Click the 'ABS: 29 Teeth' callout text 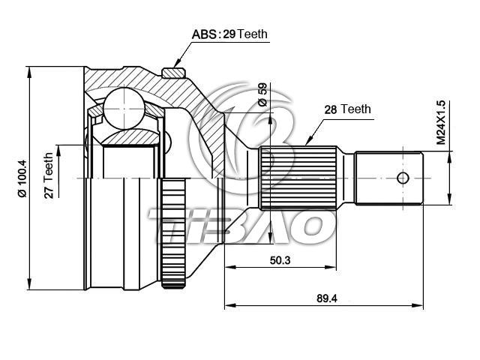click(229, 34)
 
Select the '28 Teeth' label click(347, 109)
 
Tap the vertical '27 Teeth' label click(49, 175)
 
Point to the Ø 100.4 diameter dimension click(23, 178)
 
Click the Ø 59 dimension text click(262, 95)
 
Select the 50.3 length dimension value click(280, 260)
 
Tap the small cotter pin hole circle click(403, 178)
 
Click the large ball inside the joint click(124, 108)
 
